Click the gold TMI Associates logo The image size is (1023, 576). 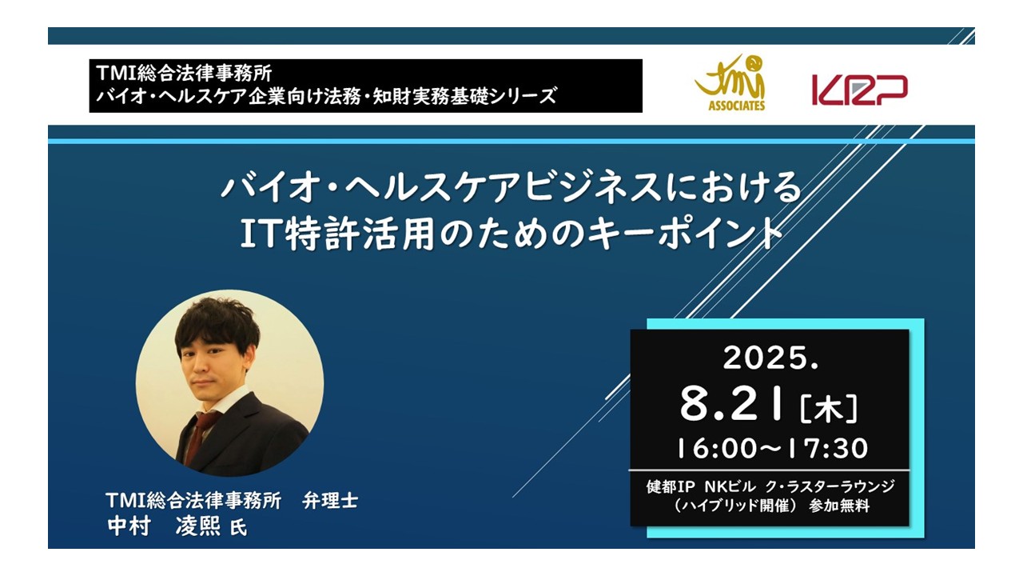pos(730,82)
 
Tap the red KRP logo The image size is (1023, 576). pos(859,90)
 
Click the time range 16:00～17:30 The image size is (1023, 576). pos(772,448)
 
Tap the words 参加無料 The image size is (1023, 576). pos(839,506)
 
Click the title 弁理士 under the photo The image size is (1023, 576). pos(330,501)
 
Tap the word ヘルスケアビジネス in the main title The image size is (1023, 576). pos(504,187)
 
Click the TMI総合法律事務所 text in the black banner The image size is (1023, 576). pos(184,73)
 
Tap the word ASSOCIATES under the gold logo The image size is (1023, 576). pos(737,106)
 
